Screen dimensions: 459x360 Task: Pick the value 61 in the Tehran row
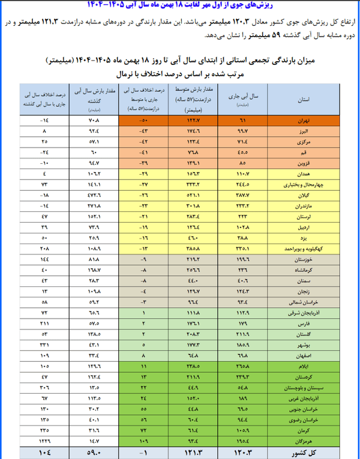tap(242, 120)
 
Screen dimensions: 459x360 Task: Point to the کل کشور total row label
tap(306, 451)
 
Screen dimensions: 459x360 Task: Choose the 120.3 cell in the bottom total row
tap(242, 451)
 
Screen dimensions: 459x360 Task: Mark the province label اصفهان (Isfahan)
tap(307, 355)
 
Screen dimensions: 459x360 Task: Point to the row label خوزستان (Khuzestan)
tap(307, 260)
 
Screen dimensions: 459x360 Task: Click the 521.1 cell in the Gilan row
tap(192, 196)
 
